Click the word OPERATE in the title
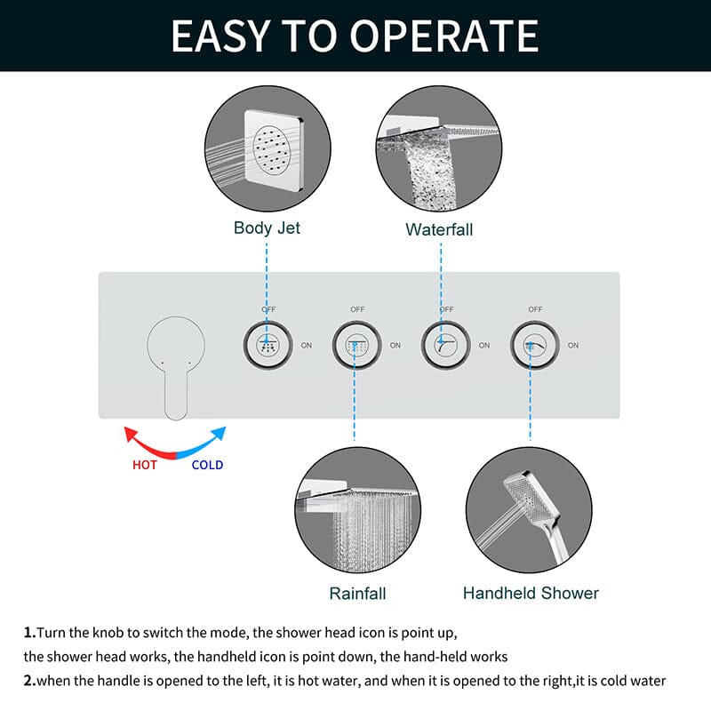pos(443,36)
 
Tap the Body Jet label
pos(267,228)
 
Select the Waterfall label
pos(439,229)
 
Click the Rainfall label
pos(357,593)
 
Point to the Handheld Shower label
pos(531,593)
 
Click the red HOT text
pos(145,465)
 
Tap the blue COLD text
pos(207,465)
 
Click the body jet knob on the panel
pos(268,346)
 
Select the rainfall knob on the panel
pos(356,346)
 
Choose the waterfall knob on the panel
pos(445,346)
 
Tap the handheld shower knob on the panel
pos(534,346)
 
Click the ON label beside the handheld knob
pos(573,346)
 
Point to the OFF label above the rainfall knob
pos(357,309)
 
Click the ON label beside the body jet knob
pos(307,346)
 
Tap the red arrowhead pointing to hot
pos(130,433)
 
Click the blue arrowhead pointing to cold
pos(220,433)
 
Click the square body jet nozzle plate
pos(274,150)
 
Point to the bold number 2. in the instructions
pos(29,681)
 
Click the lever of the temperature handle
pos(176,394)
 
